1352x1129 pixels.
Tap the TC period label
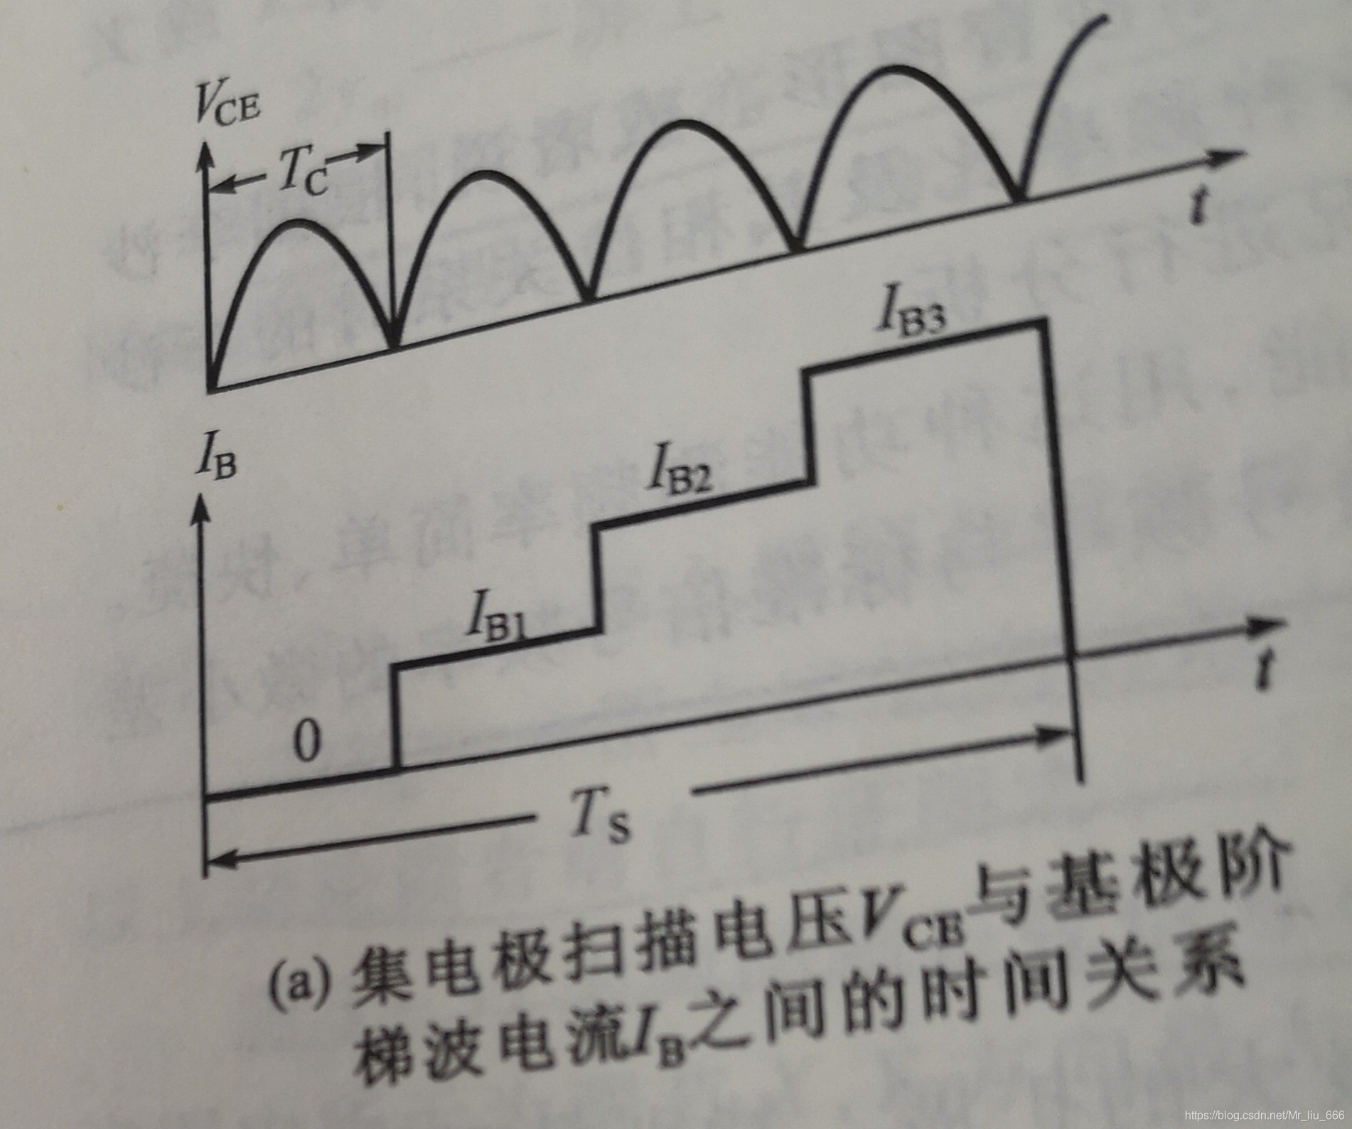coord(302,171)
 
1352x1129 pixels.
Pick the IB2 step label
coord(679,469)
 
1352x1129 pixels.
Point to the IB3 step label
coord(912,313)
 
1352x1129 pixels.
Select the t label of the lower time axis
coord(1264,668)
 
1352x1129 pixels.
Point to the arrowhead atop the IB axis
coord(202,506)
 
